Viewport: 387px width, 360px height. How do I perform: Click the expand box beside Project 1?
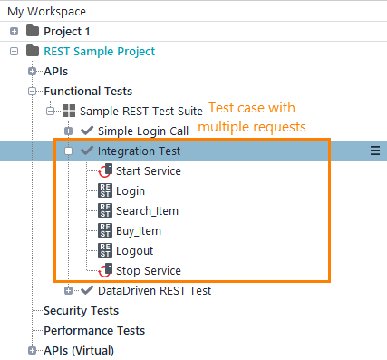click(14, 32)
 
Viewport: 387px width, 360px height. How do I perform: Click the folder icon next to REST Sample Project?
click(34, 52)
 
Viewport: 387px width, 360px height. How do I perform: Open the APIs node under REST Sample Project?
click(55, 71)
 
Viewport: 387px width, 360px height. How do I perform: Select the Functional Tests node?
click(88, 91)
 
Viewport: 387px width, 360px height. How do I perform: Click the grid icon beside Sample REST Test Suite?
click(69, 111)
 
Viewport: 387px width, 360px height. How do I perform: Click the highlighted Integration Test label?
click(140, 151)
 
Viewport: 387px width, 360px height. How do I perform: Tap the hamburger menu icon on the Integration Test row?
click(375, 151)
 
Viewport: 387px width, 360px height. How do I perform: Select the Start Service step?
click(148, 170)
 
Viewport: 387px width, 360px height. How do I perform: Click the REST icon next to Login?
click(105, 190)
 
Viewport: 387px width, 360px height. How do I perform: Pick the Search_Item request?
click(147, 210)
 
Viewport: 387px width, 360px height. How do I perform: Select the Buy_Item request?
click(139, 230)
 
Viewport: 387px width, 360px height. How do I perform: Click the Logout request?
click(134, 250)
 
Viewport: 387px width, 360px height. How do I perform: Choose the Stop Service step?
click(148, 270)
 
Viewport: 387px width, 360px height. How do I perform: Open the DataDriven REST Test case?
click(153, 291)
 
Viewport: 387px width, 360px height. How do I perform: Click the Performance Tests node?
click(94, 330)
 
